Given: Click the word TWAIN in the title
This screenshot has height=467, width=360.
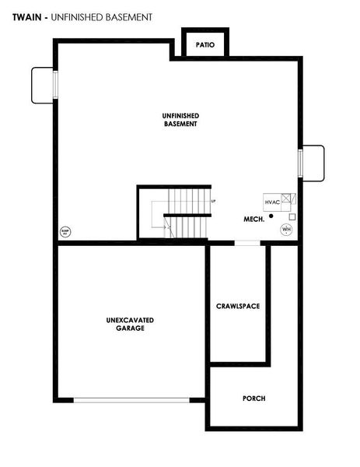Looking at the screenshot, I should click(x=27, y=16).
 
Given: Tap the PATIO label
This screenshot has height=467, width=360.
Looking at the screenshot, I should click(x=205, y=45).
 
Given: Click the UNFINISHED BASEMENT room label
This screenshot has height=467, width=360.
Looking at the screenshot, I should click(x=180, y=119).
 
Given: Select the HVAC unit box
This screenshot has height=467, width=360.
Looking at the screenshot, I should click(x=272, y=201).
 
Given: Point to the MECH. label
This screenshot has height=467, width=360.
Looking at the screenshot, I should click(x=254, y=219).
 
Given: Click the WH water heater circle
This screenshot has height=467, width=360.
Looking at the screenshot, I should click(x=286, y=229).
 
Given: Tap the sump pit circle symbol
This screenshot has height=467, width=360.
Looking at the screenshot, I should click(x=66, y=231).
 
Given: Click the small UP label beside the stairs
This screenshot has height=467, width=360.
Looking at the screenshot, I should click(x=213, y=202).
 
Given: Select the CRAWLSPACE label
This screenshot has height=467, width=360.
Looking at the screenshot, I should click(x=238, y=306).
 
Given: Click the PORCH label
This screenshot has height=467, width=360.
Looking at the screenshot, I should click(x=253, y=398).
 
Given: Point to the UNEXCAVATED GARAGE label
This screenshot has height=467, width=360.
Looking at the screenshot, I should click(x=130, y=324).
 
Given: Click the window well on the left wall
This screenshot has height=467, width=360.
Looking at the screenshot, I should click(x=43, y=83).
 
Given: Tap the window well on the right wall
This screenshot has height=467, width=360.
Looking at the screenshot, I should click(x=313, y=163).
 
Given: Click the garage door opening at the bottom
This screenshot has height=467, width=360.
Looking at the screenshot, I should click(x=132, y=400).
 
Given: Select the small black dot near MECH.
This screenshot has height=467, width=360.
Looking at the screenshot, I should click(x=271, y=216).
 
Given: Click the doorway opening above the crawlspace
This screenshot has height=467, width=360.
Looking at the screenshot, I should click(x=247, y=243).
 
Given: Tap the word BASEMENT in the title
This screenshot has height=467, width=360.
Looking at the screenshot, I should click(x=127, y=16).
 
